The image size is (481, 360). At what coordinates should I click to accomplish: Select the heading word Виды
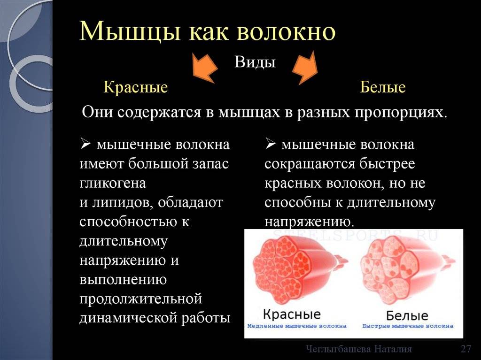tap(255, 62)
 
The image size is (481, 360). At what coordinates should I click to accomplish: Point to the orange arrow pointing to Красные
tap(204, 69)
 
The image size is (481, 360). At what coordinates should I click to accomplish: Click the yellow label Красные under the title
tap(136, 87)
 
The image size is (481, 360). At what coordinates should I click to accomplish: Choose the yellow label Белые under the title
tap(383, 87)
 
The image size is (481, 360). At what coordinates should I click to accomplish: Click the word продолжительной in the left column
tap(140, 299)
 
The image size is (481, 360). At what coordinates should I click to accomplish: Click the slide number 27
tap(465, 349)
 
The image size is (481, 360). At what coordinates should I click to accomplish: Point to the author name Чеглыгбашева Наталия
tap(358, 349)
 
